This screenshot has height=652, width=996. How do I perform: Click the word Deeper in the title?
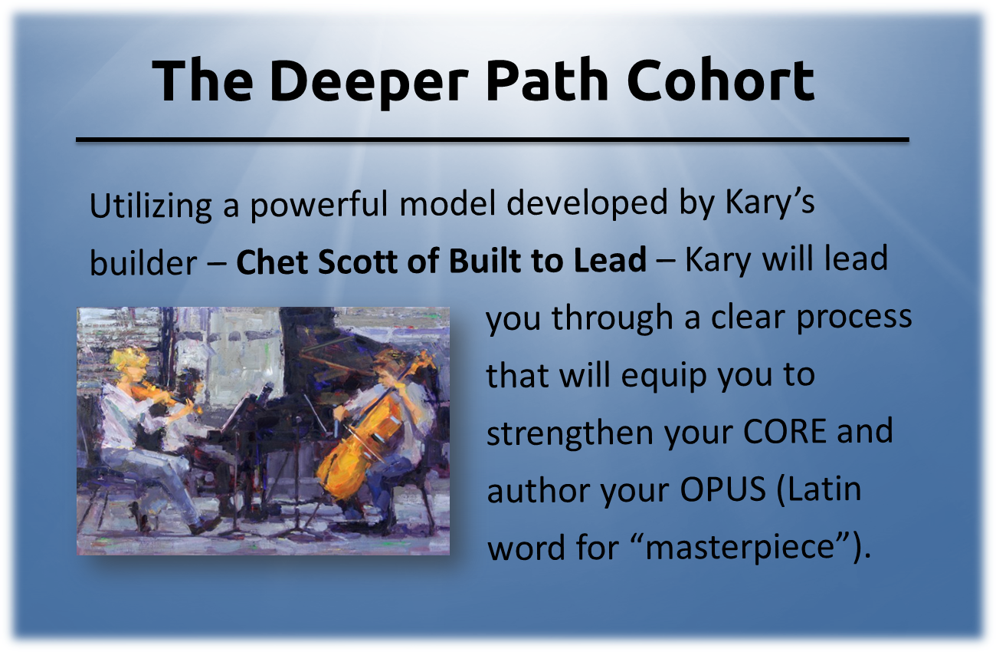[x=369, y=82]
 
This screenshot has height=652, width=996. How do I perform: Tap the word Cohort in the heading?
[x=721, y=80]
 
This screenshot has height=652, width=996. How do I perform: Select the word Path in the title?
[x=547, y=80]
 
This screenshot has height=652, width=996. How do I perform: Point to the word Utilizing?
[x=151, y=206]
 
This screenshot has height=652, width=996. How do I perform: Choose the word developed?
[x=588, y=205]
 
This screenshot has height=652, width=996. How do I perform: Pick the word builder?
[x=143, y=262]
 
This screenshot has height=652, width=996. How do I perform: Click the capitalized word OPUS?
[x=723, y=489]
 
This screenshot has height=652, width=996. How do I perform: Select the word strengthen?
[x=570, y=433]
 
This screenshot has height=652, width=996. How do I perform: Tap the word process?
[x=853, y=318]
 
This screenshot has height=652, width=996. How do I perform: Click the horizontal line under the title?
[x=492, y=140]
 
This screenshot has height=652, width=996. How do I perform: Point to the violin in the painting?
[x=165, y=395]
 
